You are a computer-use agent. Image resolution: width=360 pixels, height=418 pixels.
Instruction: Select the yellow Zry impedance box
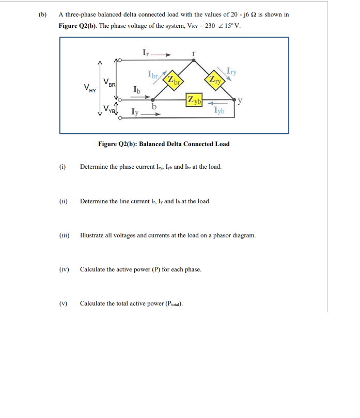pyautogui.click(x=214, y=79)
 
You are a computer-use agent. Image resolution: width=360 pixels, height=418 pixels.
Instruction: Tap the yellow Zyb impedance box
pyautogui.click(x=194, y=100)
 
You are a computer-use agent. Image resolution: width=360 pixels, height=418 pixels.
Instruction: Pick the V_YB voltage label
pyautogui.click(x=108, y=109)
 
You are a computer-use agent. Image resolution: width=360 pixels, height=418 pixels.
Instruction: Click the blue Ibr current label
pyautogui.click(x=153, y=74)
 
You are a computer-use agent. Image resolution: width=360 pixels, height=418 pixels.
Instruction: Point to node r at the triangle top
pyautogui.click(x=194, y=60)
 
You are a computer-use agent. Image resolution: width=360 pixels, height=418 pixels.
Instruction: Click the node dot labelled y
pyautogui.click(x=235, y=98)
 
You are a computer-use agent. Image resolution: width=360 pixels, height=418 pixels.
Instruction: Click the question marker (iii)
pyautogui.click(x=64, y=235)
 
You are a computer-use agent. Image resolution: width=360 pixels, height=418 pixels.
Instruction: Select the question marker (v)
pyautogui.click(x=64, y=303)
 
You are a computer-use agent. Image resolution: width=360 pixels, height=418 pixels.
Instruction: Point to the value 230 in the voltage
pyautogui.click(x=210, y=26)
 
